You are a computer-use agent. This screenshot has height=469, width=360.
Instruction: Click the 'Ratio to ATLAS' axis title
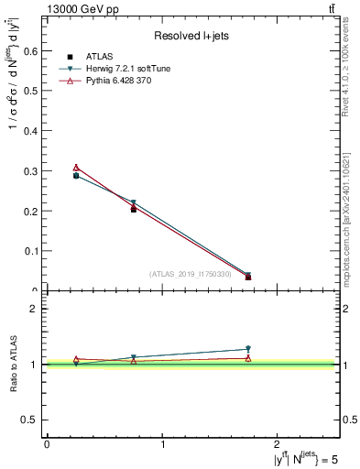(14, 364)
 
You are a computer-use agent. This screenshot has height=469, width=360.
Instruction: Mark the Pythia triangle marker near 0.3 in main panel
(76, 168)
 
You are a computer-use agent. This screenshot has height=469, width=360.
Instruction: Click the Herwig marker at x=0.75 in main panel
(134, 202)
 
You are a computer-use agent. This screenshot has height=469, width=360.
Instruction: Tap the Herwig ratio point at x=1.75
(248, 348)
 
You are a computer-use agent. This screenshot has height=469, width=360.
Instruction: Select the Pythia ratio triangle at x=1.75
(248, 358)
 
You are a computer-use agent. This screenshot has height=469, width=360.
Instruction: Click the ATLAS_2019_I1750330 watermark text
(191, 273)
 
